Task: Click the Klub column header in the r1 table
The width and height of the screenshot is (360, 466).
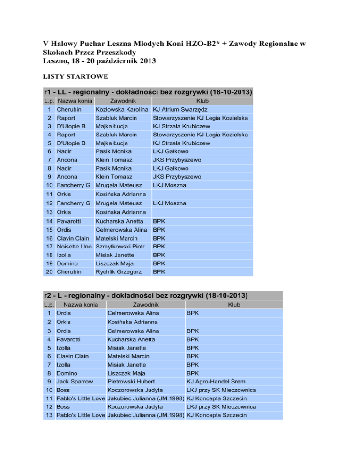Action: (202, 101)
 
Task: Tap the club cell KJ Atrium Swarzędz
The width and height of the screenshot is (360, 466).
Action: (183, 109)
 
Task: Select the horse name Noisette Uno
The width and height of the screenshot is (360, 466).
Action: (74, 246)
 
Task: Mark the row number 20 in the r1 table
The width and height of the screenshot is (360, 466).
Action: (49, 271)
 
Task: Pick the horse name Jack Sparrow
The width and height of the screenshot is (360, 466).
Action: (74, 381)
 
